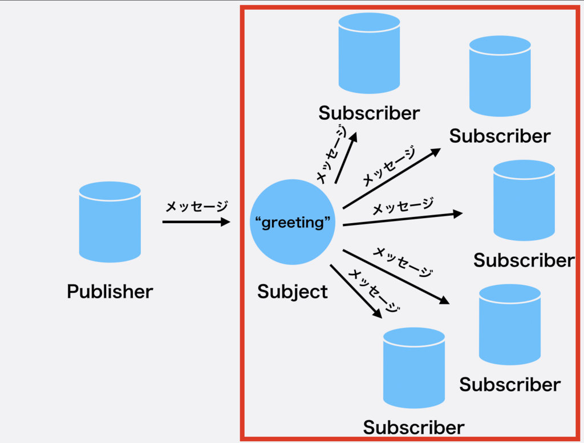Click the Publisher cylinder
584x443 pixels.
point(110,222)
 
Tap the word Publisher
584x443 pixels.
point(110,291)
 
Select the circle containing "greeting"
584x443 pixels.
point(293,222)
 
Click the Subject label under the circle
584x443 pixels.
point(293,292)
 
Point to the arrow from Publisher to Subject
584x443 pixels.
point(196,222)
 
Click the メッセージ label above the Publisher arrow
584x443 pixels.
point(197,206)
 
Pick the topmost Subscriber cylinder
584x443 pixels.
point(369,53)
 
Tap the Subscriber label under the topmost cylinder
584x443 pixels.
point(369,113)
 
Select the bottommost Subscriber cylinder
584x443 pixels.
point(414,368)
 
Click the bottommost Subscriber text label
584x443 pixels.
point(414,428)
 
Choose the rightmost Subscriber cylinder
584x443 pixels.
point(524,200)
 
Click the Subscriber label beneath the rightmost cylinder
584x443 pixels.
point(524,260)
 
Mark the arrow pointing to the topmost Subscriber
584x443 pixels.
point(346,158)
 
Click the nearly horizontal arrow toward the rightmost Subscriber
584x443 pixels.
point(403,219)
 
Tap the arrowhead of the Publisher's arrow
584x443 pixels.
point(226,222)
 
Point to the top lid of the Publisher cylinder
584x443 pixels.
point(110,191)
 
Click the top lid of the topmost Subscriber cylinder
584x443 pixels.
point(369,22)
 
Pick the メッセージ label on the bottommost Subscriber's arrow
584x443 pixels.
point(374,291)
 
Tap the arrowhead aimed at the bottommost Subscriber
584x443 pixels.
point(378,313)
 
